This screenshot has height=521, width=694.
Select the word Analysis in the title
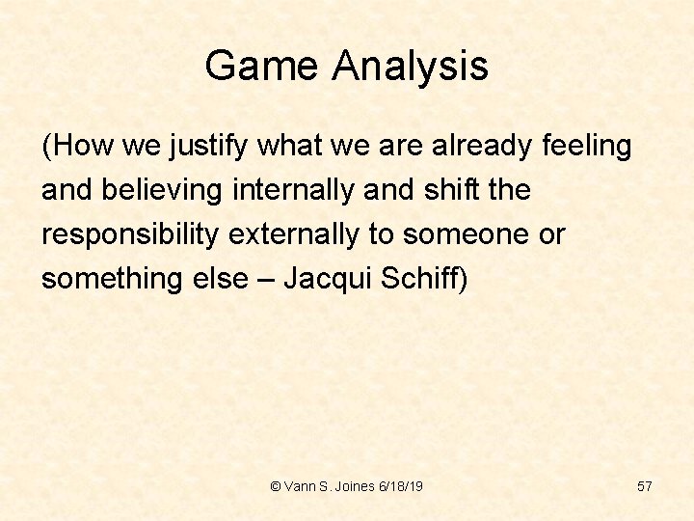411,67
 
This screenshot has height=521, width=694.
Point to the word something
105,279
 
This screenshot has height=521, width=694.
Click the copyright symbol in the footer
277,486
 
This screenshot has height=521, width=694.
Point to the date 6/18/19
404,486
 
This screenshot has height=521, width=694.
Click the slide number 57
645,486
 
